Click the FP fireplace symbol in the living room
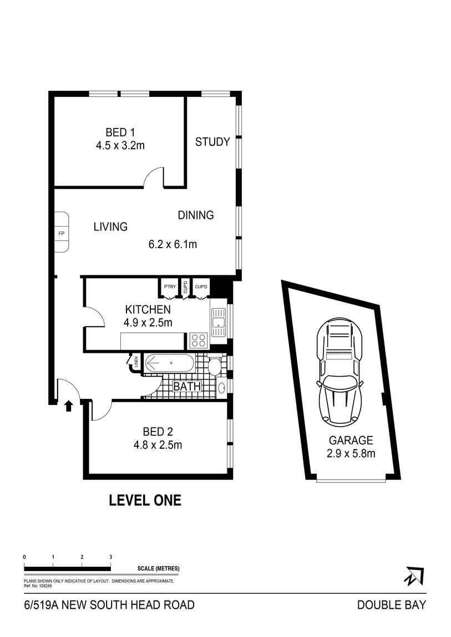pos(61,233)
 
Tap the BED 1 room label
pos(120,132)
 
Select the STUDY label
pos(212,142)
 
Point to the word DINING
pos(195,215)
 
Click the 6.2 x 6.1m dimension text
pos(173,244)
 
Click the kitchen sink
pos(218,322)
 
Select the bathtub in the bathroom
pos(169,364)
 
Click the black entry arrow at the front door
pos(68,407)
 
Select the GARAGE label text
pos(351,441)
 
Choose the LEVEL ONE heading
pos(145,500)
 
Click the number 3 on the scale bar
pos(110,557)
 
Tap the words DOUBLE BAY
pos(391,605)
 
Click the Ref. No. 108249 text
pos(38,585)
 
